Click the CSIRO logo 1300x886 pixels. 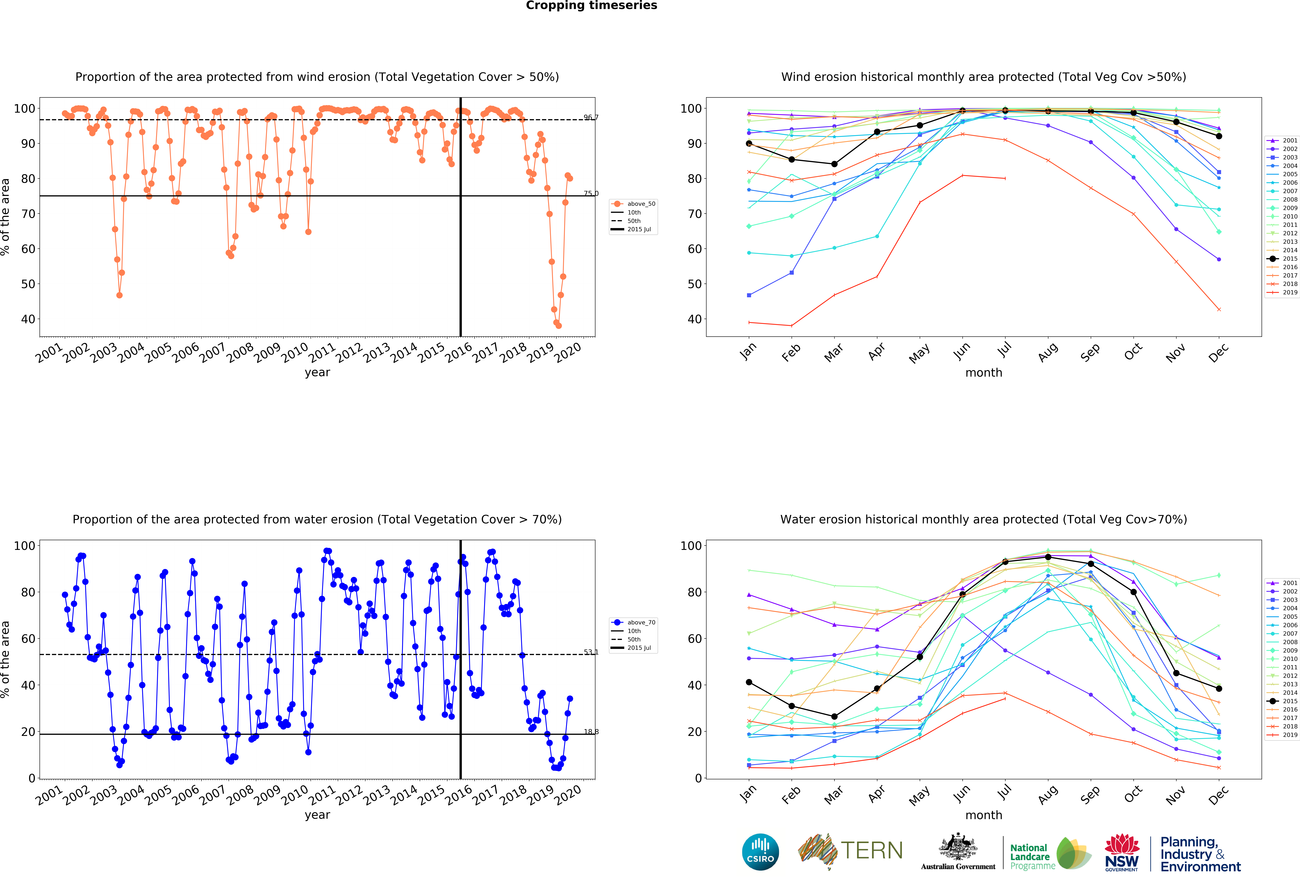pyautogui.click(x=760, y=852)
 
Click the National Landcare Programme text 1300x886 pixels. pyautogui.click(x=1032, y=856)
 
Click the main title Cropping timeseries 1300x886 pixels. pyautogui.click(x=591, y=6)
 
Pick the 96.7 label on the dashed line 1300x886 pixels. pyautogui.click(x=591, y=117)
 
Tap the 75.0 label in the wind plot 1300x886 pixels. pyautogui.click(x=591, y=194)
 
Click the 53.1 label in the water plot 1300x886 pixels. pyautogui.click(x=591, y=652)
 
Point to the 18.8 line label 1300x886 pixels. pyautogui.click(x=591, y=732)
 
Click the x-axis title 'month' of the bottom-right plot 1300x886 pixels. pyautogui.click(x=983, y=815)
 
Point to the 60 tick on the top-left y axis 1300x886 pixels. pyautogui.click(x=28, y=249)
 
